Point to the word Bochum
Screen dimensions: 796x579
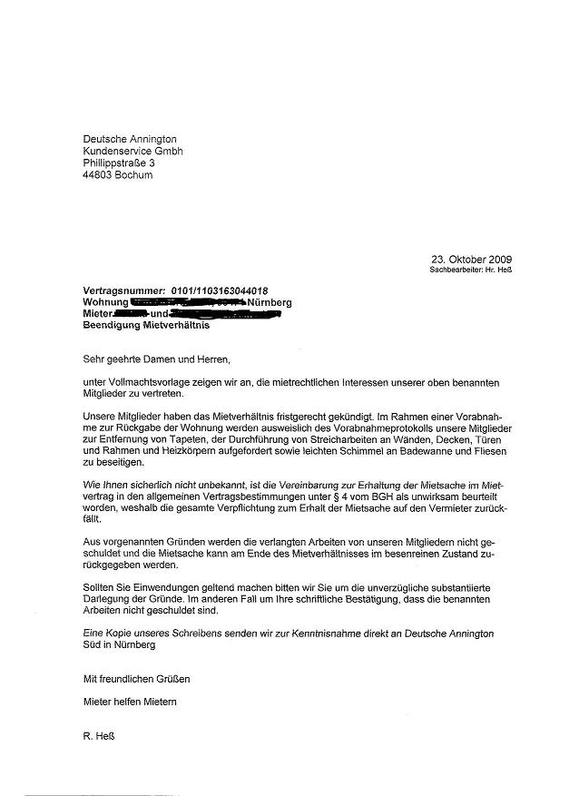135,175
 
